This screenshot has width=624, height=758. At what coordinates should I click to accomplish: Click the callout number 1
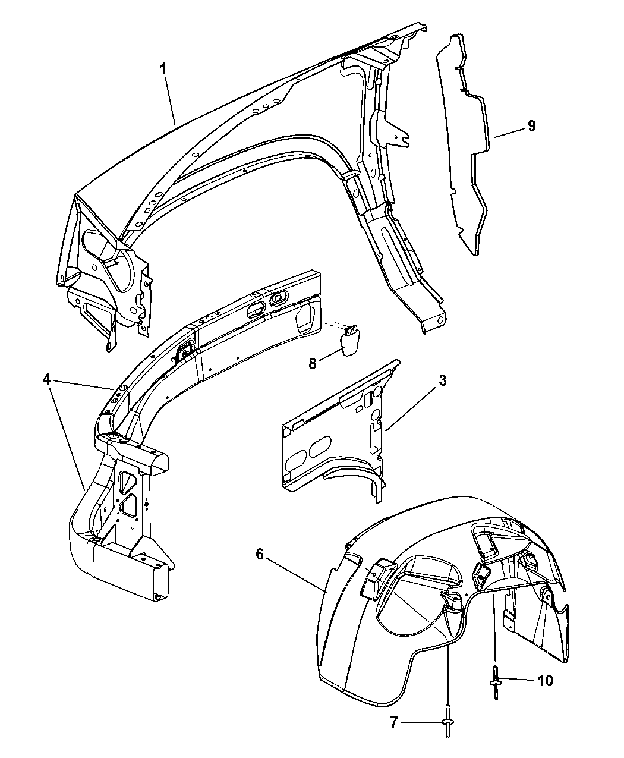[163, 68]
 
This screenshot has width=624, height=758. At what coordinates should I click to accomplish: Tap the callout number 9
[531, 126]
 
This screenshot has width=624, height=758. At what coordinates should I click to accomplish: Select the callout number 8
[313, 363]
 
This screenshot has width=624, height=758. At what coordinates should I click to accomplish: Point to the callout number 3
[442, 380]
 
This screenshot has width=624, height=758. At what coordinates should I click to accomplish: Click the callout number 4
[46, 380]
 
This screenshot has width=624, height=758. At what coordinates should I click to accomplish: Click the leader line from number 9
[510, 133]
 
